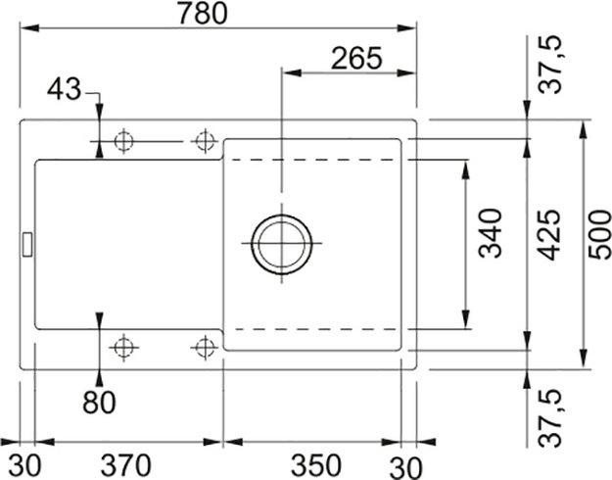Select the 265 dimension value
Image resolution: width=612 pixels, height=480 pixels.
354,58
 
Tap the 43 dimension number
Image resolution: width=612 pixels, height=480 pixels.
65,90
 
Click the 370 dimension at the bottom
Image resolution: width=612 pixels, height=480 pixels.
128,461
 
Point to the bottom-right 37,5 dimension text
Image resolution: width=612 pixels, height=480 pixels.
557,415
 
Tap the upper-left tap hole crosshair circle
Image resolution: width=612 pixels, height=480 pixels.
123,141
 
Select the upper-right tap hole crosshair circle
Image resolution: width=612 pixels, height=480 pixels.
204,141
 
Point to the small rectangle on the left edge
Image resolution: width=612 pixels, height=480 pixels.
27,242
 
